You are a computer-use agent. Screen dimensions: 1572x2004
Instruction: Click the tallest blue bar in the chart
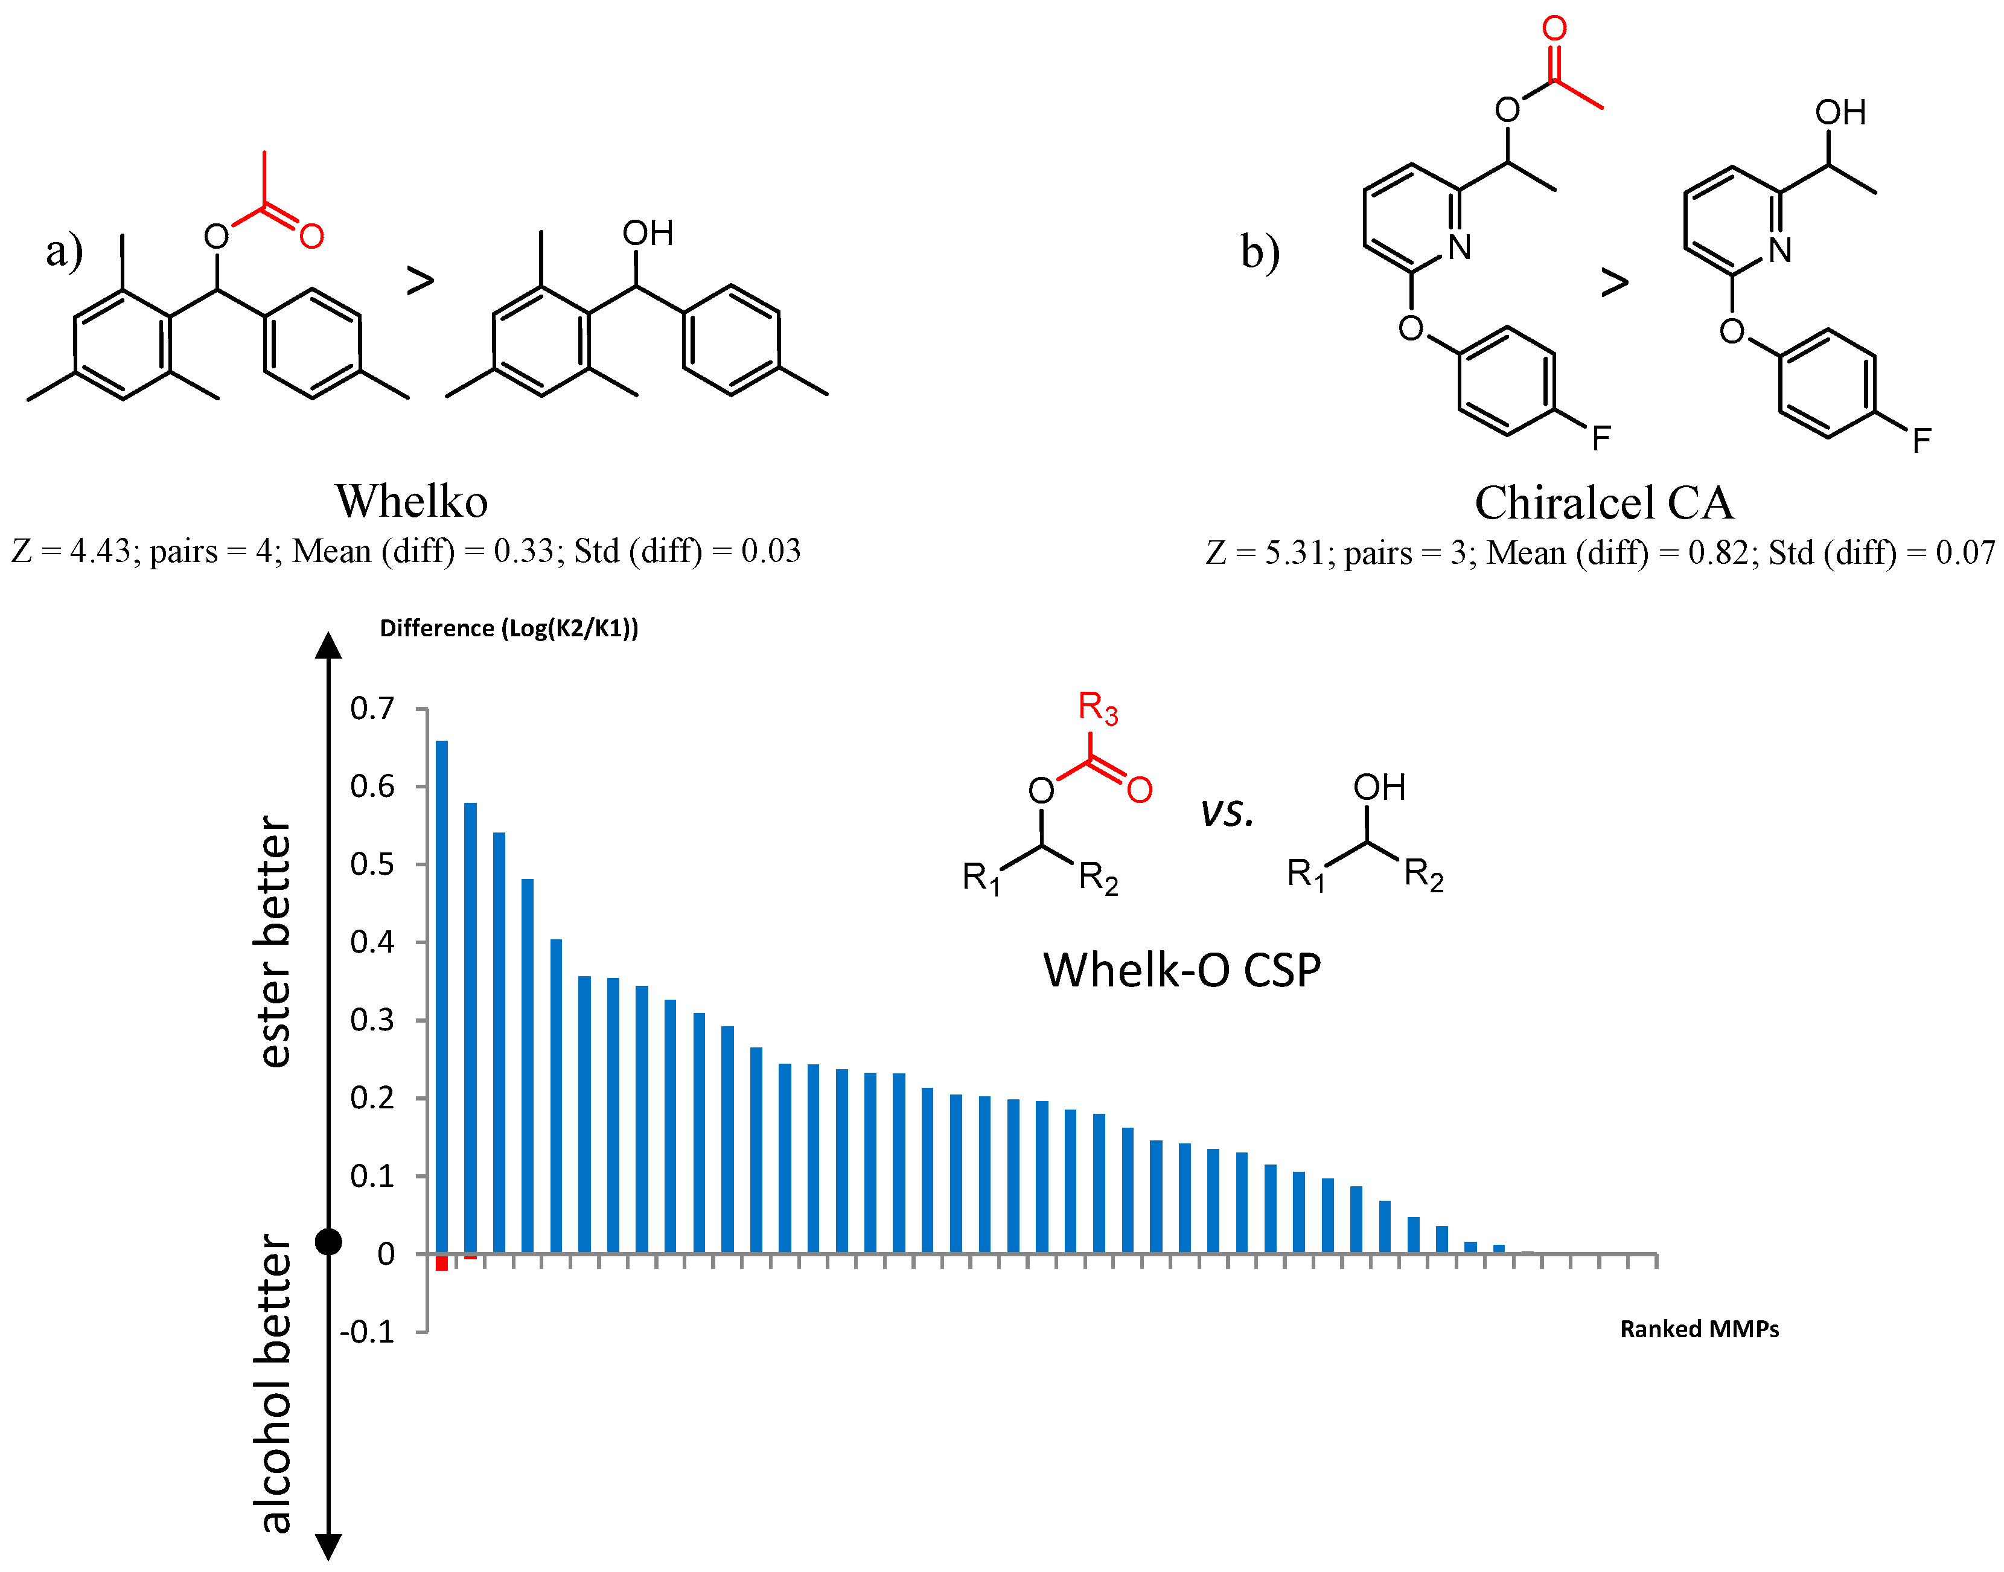[442, 994]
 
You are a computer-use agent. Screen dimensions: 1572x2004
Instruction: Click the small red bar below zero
[442, 1263]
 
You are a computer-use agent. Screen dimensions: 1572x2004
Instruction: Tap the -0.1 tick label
[367, 1332]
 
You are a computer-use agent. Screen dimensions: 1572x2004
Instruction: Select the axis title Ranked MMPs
[1699, 1329]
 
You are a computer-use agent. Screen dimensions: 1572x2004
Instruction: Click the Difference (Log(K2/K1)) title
[509, 628]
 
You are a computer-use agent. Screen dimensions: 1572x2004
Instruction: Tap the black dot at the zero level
[328, 1242]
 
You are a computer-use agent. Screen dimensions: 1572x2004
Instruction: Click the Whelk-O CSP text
[1181, 970]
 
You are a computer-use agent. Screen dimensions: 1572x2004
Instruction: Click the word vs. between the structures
[1227, 812]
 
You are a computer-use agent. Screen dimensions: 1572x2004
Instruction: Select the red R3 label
[1097, 708]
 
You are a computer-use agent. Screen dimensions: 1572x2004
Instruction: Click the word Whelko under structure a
[411, 502]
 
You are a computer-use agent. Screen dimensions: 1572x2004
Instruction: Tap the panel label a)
[65, 251]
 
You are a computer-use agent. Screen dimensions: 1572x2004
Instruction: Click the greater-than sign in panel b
[1614, 282]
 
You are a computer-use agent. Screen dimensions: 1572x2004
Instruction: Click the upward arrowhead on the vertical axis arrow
[328, 646]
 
